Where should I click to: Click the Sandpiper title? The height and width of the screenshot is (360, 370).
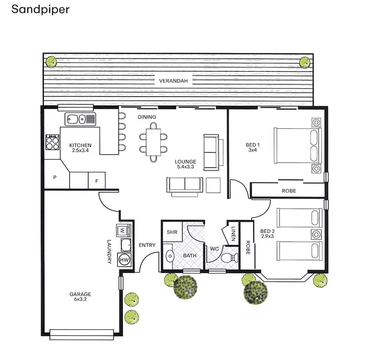coord(40,9)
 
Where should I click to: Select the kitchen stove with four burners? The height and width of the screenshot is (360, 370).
coord(53,142)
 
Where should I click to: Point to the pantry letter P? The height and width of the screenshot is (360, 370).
coord(55,177)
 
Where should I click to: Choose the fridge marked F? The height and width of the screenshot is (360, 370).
coord(97,181)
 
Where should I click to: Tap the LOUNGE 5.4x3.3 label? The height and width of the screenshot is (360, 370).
coord(184,165)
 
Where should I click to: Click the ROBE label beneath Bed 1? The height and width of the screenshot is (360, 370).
coord(289,190)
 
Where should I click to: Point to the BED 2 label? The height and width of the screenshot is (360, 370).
coord(267,233)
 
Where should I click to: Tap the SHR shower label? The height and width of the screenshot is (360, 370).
coord(172,232)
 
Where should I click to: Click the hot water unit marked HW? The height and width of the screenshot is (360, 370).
coord(124,260)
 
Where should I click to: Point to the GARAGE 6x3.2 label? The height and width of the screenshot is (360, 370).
coord(80,296)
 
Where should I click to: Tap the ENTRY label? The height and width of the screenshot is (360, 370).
coord(147,245)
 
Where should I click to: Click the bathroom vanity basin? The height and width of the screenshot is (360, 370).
coord(169,256)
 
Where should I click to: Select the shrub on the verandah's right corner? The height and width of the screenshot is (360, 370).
coord(304,61)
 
